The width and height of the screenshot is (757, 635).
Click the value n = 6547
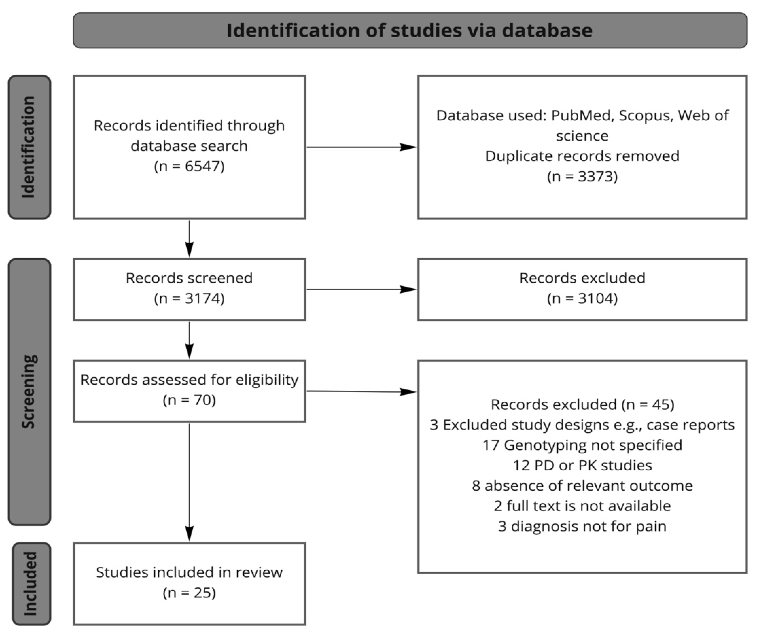(189, 166)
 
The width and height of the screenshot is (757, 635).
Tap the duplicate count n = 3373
(582, 176)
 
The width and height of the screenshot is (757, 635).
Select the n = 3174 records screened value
(189, 298)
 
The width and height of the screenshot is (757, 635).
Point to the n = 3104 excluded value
(582, 298)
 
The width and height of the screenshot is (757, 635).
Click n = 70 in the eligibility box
(189, 400)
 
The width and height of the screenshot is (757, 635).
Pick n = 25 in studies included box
(189, 592)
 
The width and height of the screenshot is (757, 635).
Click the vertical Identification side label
(29, 147)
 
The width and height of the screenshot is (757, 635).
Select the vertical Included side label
(31, 583)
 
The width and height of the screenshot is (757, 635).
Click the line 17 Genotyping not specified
(582, 445)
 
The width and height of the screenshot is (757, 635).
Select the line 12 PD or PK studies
(582, 465)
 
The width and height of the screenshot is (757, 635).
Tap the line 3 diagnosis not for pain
(582, 526)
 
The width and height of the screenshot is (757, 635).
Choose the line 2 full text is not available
(582, 506)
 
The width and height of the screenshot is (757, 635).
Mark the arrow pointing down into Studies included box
(189, 483)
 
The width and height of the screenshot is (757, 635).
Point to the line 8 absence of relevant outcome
(582, 486)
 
